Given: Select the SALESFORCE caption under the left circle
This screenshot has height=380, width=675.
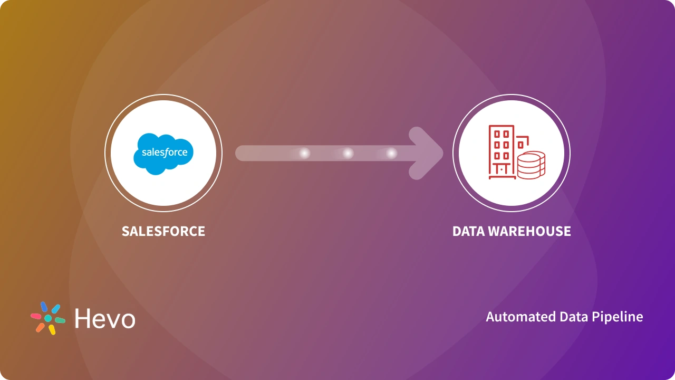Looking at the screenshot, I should pos(163,231).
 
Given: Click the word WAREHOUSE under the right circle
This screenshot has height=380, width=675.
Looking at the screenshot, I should pos(532,231).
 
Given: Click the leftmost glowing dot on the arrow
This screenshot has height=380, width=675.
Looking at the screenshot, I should pos(304,153).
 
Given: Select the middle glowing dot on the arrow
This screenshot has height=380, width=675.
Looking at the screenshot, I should pos(348,153).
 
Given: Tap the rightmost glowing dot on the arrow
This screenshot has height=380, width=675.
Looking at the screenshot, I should pos(391,153).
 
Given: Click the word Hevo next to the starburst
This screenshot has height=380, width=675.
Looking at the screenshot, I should pos(105,319).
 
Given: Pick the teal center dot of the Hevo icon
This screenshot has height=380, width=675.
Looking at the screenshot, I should pos(48,318).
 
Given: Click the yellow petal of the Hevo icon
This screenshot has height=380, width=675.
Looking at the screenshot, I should pos(52,329).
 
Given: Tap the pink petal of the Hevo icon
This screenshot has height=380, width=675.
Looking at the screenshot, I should pos(36,316).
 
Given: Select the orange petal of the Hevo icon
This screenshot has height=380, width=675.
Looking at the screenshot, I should pos(40,327).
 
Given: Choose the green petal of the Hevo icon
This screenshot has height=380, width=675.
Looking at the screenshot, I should pos(60,320).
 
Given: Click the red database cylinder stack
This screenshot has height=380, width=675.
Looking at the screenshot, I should pos(531,165).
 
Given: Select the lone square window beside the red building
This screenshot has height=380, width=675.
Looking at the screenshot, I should pos(520,144).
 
